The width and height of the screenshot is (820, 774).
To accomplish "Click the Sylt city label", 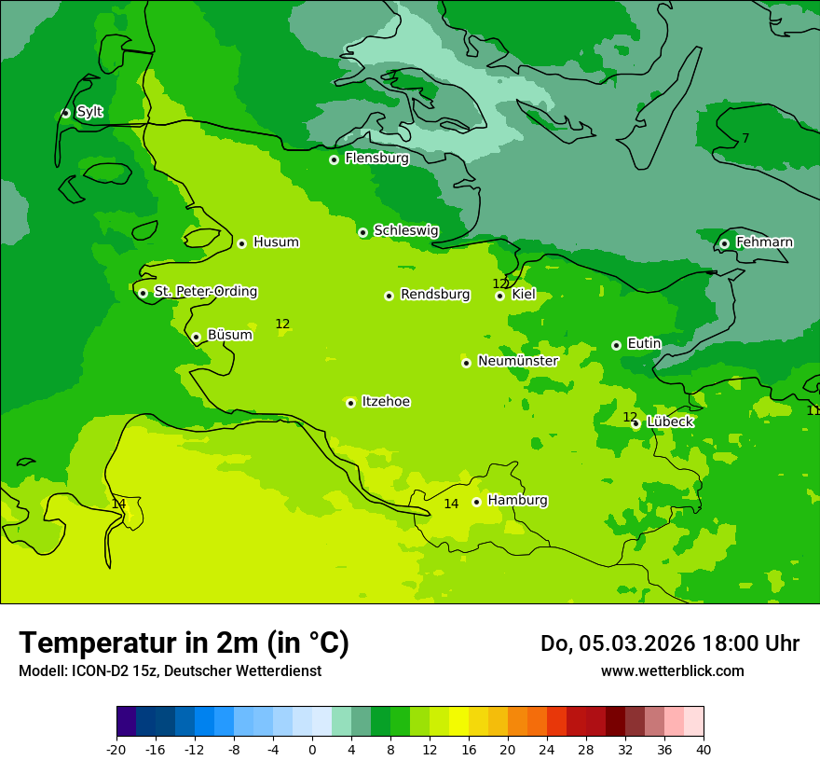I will pos(89,112).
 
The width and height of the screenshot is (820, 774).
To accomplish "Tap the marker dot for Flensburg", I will pos(334,159).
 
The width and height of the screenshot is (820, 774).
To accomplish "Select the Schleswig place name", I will pos(405,230).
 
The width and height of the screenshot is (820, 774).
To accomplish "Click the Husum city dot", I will pos(241,243).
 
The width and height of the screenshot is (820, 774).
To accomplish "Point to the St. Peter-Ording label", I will pos(205,291).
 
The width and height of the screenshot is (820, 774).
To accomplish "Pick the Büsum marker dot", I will pos(196,337).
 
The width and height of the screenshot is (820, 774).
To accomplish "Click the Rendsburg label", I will pos(435,295).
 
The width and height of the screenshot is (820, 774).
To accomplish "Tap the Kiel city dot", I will pos(499,296).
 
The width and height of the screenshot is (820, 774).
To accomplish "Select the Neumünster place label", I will pos(517,361).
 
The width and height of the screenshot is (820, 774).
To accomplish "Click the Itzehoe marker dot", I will pos(350,403).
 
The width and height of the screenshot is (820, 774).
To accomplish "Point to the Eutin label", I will pos(644,343).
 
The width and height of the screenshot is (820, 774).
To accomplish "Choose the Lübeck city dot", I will pos(635,423).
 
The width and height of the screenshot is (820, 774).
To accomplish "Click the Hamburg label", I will pos(517,500).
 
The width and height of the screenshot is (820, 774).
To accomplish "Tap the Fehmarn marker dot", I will pos(724,243).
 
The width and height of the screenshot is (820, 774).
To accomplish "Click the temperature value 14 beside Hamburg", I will pos(451,504).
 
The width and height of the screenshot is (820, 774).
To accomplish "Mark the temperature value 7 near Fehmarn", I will pos(745,138).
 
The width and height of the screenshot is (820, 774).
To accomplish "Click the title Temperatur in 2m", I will pos(184,643).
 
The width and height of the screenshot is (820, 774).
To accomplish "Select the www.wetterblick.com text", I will pos(672,670).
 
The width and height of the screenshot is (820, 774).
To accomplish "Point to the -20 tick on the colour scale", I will pos(116,749).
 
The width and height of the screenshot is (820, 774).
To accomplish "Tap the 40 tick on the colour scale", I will pos(704,749).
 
